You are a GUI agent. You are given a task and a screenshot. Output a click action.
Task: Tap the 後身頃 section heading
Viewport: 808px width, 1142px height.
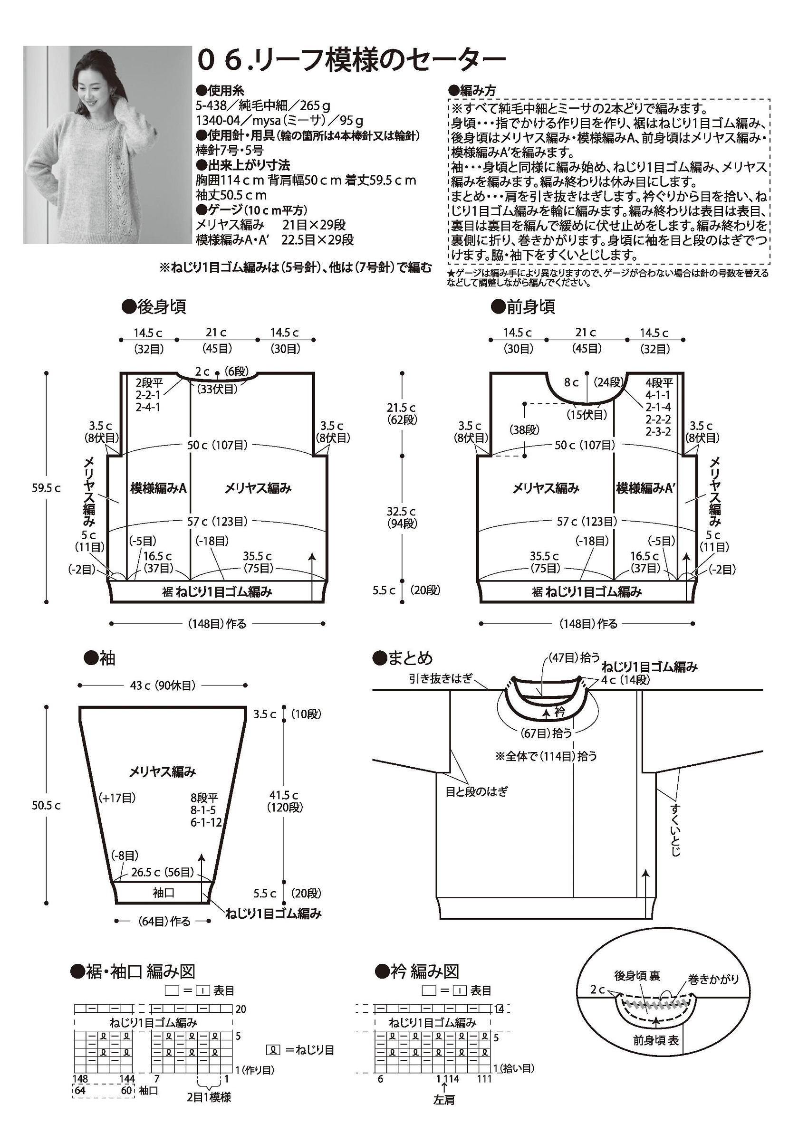[155, 307]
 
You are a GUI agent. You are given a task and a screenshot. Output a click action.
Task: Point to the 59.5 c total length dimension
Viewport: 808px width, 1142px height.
[46, 488]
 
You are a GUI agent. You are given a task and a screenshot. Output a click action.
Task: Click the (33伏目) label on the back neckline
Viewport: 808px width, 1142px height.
[217, 389]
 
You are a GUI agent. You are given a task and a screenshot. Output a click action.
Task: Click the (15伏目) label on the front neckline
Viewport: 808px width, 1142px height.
[587, 414]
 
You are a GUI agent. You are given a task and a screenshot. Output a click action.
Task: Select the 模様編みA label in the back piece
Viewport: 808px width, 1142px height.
[158, 488]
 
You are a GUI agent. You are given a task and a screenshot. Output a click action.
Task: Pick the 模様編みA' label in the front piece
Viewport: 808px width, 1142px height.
[645, 488]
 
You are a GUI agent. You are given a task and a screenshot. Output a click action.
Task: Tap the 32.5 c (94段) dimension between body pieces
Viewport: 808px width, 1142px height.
[402, 517]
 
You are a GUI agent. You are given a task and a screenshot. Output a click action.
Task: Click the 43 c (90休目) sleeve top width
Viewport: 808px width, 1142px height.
[163, 685]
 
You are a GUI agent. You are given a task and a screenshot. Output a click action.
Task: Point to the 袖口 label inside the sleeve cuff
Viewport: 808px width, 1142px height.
[163, 893]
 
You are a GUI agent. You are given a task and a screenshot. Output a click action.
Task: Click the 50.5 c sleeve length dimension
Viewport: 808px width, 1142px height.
[46, 805]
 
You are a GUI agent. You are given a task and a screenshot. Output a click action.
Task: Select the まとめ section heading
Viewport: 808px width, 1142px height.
[404, 658]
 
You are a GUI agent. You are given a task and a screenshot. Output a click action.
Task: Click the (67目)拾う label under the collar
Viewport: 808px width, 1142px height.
[546, 733]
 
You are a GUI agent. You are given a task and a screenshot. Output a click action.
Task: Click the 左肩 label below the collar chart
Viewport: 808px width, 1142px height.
[444, 1100]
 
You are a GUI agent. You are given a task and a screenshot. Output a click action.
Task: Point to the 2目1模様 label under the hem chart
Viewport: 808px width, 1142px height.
[209, 1097]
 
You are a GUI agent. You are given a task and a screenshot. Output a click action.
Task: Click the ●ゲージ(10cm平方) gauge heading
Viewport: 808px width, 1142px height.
[252, 210]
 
